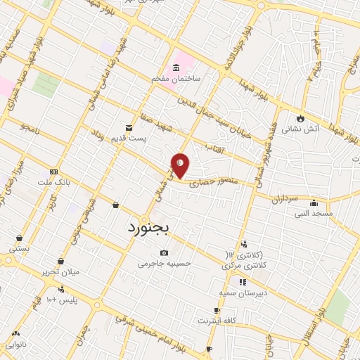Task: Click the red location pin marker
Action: pyautogui.click(x=181, y=165)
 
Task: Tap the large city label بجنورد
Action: pyautogui.click(x=155, y=229)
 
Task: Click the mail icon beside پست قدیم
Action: pyautogui.click(x=129, y=127)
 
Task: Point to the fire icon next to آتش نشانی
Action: pyautogui.click(x=301, y=117)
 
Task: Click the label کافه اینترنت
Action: pyautogui.click(x=217, y=321)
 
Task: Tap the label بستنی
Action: pyautogui.click(x=19, y=248)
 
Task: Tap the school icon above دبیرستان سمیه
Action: pyautogui.click(x=242, y=282)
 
